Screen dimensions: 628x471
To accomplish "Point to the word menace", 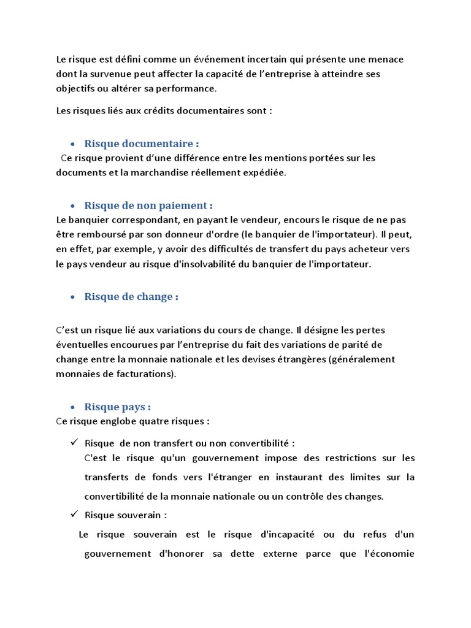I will [x=387, y=59].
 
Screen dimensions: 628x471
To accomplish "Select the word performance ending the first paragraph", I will [x=190, y=88].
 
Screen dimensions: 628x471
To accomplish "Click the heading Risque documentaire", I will [x=142, y=144].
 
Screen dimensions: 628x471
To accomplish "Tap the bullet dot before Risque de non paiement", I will [x=73, y=206].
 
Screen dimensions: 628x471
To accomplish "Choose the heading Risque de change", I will [x=131, y=297].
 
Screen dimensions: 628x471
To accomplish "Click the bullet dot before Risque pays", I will [x=73, y=407].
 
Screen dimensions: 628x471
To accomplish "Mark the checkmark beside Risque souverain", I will [x=73, y=515].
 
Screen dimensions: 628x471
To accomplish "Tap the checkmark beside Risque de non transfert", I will [x=73, y=442].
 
